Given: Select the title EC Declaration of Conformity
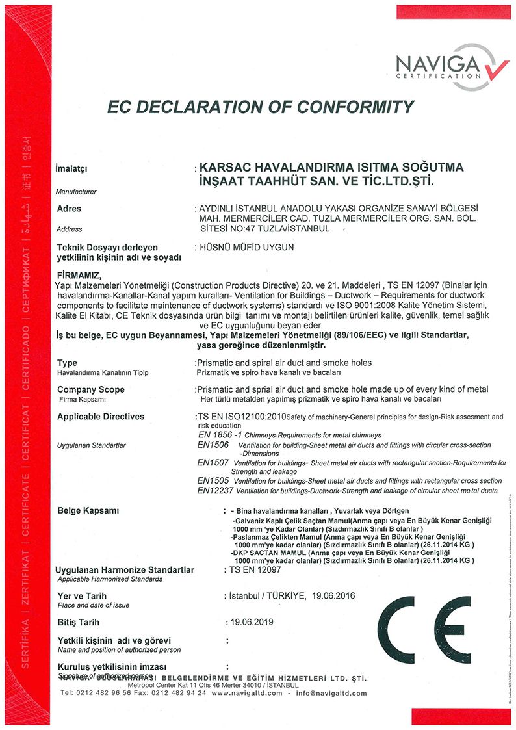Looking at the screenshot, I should pos(260,107).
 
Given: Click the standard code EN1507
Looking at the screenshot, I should pos(213,462).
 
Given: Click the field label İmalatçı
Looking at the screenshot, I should pos(72,170).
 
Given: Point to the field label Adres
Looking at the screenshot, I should pos(70,209).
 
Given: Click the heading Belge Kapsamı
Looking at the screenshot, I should pos(88,510).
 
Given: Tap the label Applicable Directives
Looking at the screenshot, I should pos(101,416).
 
